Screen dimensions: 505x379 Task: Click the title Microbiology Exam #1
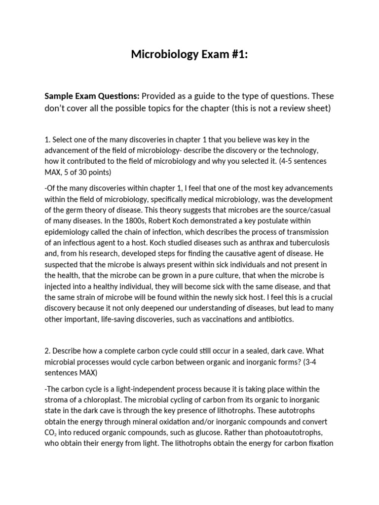189,55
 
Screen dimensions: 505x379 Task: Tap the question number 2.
47,351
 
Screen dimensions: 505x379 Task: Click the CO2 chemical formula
51,433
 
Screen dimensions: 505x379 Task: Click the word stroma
56,400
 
